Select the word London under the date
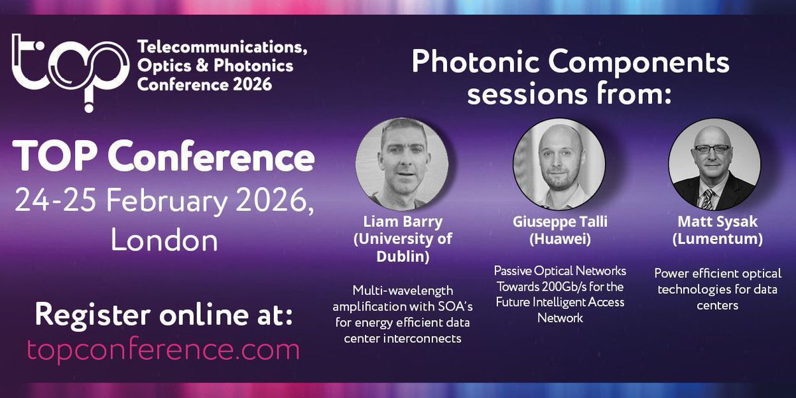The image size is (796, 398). [164, 240]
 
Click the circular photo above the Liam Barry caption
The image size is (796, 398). [401, 162]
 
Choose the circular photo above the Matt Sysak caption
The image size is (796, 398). [714, 163]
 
